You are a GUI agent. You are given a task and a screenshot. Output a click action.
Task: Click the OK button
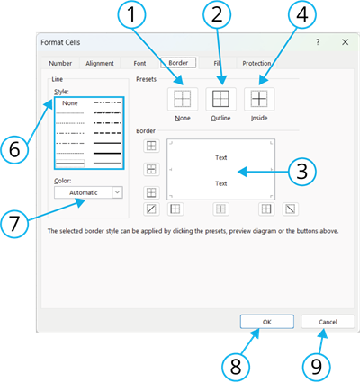(x=268, y=321)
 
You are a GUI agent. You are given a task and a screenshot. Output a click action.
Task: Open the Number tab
(x=60, y=64)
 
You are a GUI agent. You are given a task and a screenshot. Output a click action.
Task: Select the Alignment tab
(x=100, y=64)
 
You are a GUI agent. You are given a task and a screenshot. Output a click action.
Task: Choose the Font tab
(x=139, y=64)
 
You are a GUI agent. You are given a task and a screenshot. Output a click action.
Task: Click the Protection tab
(x=256, y=64)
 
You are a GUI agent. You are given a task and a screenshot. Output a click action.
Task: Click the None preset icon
(x=182, y=100)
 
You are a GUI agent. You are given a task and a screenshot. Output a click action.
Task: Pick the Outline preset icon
(x=220, y=100)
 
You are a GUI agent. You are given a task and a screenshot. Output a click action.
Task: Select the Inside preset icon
(x=258, y=100)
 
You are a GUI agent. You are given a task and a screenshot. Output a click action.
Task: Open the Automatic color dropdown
(x=88, y=191)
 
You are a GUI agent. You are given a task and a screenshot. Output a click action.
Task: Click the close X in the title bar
(x=345, y=42)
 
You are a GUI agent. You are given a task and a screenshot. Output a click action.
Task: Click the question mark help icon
(x=317, y=42)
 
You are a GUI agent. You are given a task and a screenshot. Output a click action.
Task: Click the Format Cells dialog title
(x=64, y=42)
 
